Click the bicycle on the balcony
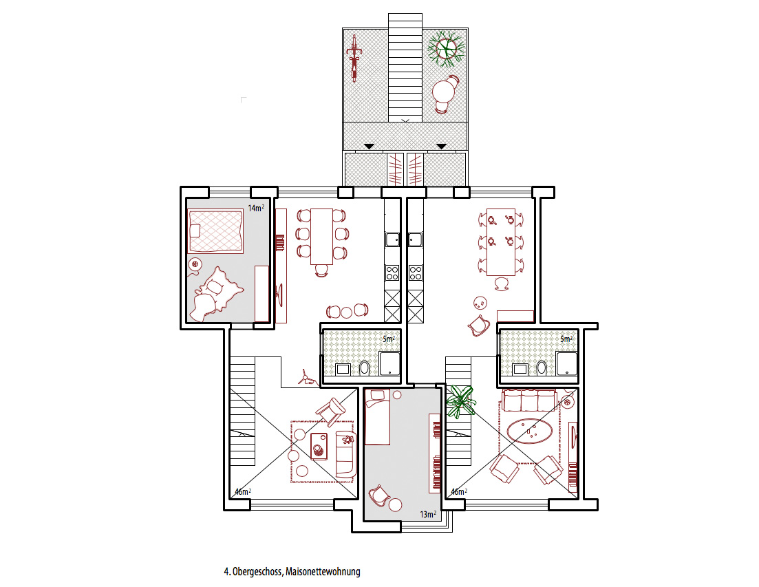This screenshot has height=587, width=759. [354, 58]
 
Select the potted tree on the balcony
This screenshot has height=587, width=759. [445, 47]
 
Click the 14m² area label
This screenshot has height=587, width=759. [256, 208]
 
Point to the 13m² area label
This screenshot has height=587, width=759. [428, 515]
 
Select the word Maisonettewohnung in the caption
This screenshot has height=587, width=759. [323, 571]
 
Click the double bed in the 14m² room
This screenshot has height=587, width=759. [215, 231]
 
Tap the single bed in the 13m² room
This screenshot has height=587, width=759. [377, 416]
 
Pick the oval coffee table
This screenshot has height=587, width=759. [530, 431]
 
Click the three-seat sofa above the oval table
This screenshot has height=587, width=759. [530, 401]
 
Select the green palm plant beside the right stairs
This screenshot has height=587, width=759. [460, 401]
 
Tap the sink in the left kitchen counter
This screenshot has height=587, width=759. [392, 239]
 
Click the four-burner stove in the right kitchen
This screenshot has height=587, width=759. [416, 273]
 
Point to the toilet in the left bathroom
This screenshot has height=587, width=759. [365, 368]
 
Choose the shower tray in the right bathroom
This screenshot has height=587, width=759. [567, 364]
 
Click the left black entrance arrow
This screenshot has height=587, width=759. [369, 146]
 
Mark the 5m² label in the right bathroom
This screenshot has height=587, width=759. [566, 339]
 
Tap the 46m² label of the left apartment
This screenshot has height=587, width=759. [243, 491]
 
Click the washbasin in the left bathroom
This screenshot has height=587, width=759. [343, 370]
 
